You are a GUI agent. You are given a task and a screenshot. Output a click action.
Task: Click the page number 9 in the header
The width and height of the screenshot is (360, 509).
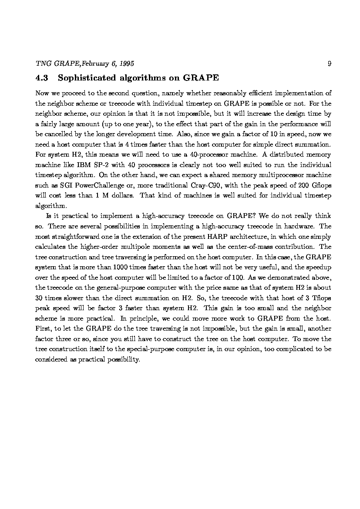pos(329,64)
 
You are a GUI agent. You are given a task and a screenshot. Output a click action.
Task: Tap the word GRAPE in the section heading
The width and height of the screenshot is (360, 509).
pos(201,78)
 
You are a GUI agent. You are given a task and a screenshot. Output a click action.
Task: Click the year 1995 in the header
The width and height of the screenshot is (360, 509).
pos(126,64)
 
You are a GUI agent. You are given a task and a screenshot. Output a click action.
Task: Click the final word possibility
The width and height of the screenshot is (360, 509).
pos(123,359)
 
